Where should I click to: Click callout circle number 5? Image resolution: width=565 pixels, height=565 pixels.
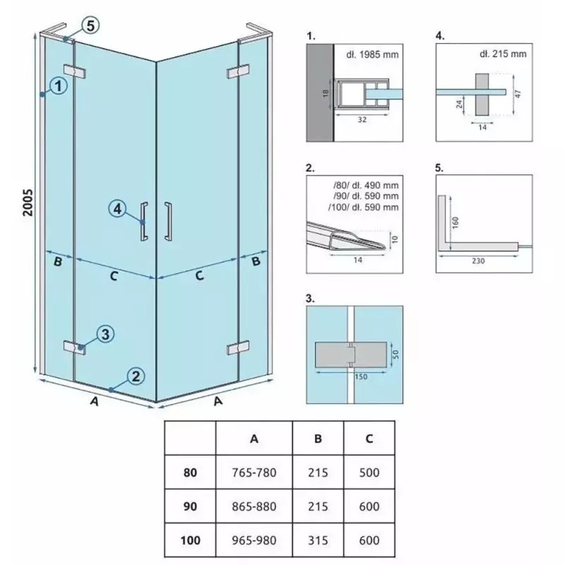point(90,25)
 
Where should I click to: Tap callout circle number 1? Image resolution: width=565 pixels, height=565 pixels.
point(59,86)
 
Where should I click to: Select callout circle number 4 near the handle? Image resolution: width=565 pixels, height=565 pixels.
point(118,209)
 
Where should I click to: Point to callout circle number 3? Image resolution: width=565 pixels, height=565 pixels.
point(105,334)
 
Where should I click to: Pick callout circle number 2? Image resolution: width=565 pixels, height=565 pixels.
point(136,376)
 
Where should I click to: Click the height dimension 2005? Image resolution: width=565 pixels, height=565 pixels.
point(28,203)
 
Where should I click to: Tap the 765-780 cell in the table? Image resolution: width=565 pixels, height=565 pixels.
point(254,472)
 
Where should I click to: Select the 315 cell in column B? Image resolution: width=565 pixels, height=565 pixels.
point(318,540)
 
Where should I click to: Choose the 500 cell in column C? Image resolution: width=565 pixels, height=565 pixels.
point(369,472)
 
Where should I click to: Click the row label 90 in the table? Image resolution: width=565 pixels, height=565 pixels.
point(190,506)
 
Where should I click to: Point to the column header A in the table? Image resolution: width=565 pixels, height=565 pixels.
point(254,439)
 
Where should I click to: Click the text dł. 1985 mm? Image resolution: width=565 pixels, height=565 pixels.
point(373,54)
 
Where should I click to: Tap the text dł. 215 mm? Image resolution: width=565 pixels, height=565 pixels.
point(503,54)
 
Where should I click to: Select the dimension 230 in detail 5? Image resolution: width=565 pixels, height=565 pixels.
point(478,261)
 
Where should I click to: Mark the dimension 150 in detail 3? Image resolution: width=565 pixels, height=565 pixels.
point(361,376)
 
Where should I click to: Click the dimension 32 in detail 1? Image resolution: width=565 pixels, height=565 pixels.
point(362,119)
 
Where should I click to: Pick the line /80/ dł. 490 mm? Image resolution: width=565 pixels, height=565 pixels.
point(366,185)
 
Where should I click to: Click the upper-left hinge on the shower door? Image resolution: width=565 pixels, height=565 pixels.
point(75,71)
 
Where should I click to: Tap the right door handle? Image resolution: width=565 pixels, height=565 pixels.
point(168,221)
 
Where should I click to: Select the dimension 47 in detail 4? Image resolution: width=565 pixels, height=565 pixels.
point(518,94)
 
